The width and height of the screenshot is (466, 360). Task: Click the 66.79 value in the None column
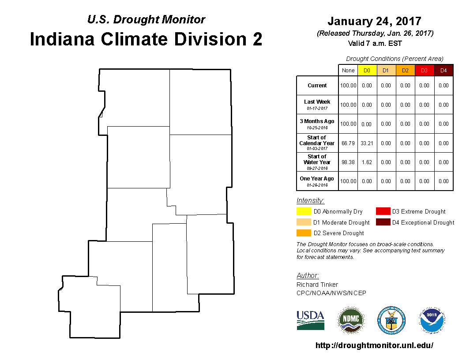point(348,143)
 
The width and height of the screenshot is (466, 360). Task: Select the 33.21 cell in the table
point(367,143)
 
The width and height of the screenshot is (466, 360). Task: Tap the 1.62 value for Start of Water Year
point(367,162)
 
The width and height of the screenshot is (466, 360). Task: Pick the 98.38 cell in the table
point(348,162)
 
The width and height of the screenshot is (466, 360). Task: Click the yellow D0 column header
point(367,71)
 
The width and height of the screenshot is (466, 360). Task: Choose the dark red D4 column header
point(443,71)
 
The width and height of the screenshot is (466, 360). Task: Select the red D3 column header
point(425,71)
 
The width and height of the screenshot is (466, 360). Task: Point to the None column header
point(348,71)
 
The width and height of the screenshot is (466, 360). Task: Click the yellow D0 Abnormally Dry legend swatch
point(304,211)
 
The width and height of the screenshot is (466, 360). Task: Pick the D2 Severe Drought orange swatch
point(304,233)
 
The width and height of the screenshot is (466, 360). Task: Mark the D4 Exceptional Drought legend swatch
point(383,222)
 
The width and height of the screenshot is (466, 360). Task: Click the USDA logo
point(310,320)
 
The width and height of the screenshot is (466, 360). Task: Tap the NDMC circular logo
point(351,320)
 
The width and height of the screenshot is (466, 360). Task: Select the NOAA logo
point(432,320)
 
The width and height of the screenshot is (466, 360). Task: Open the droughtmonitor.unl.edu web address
point(374,345)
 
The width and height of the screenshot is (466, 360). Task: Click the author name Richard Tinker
point(317,285)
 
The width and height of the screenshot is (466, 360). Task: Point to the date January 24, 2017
point(375,21)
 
